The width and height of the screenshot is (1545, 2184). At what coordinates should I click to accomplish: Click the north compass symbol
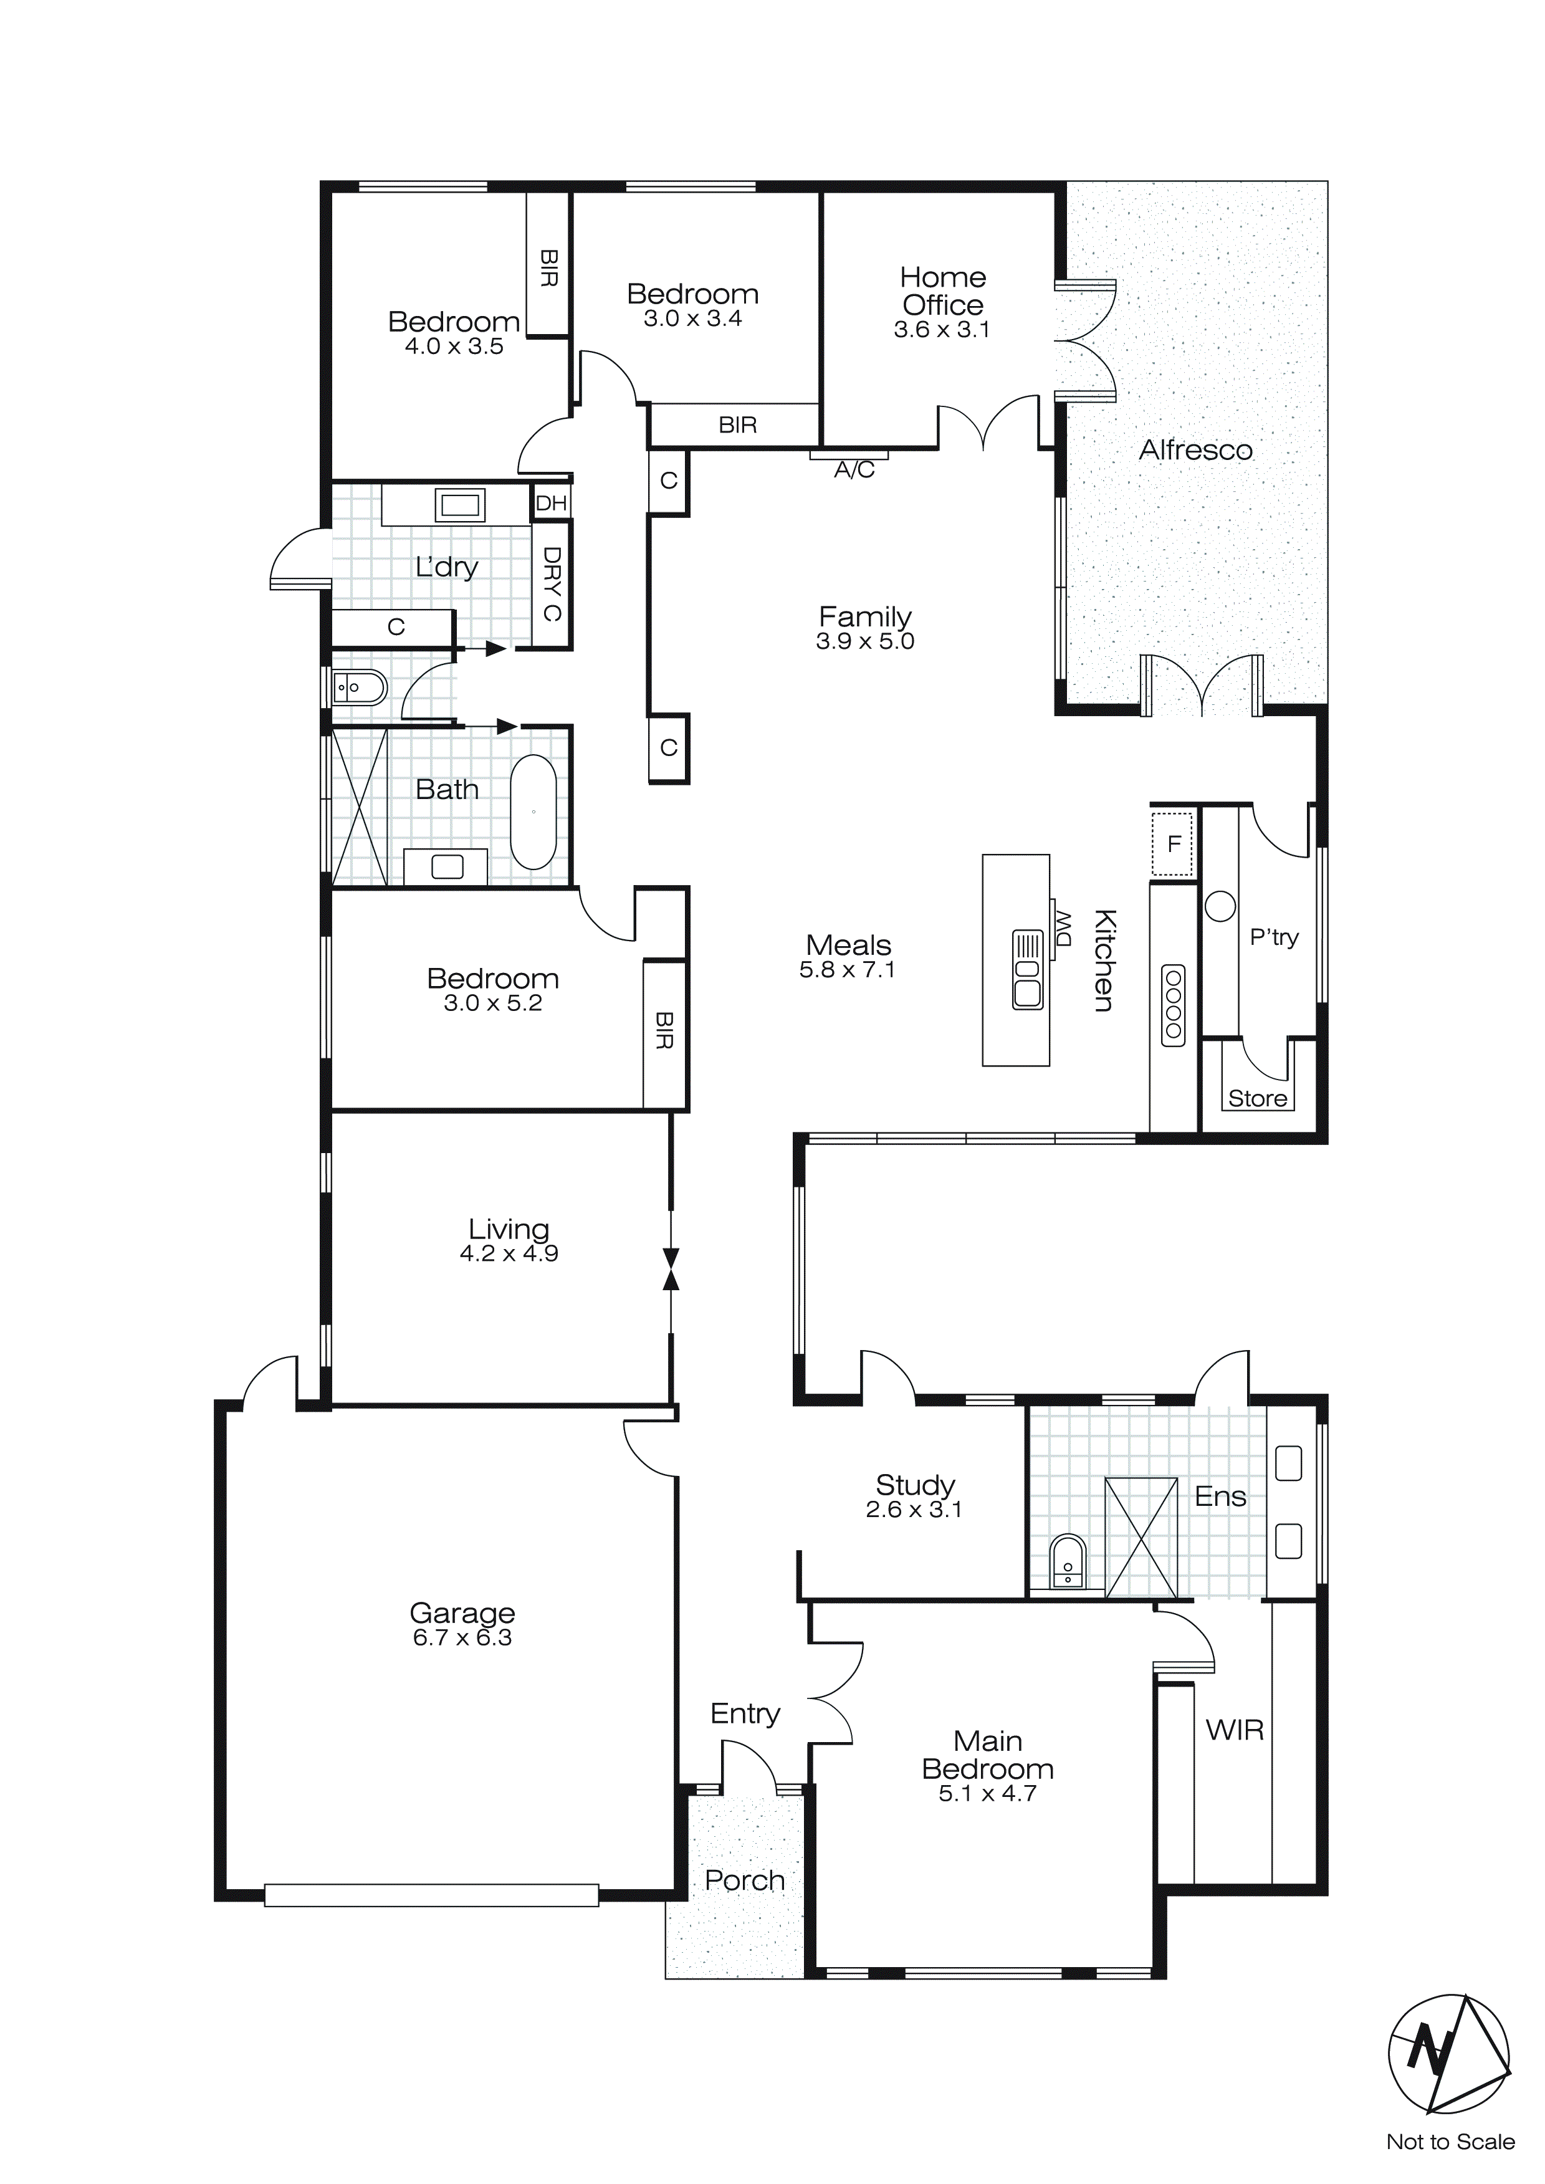click(1448, 2054)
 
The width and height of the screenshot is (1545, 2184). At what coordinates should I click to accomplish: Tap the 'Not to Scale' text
click(1450, 2142)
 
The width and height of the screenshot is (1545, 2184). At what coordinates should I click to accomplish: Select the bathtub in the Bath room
click(533, 812)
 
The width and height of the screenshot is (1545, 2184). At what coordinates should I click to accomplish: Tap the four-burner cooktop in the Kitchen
click(1173, 1005)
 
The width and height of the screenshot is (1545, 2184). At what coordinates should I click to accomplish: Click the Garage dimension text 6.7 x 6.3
click(462, 1637)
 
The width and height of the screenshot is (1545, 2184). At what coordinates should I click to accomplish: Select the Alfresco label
click(1196, 450)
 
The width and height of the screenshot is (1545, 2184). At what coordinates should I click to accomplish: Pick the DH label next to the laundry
click(551, 503)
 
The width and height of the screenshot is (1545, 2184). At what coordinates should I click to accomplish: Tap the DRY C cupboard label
click(551, 583)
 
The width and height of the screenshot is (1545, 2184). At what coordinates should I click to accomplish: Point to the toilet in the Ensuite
click(1068, 1560)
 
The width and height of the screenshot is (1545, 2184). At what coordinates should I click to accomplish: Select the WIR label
click(1234, 1730)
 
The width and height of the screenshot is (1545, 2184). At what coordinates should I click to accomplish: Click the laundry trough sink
click(459, 504)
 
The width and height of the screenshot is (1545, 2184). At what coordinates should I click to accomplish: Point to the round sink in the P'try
click(1220, 906)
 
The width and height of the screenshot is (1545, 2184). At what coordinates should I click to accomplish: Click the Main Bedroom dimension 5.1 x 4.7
click(987, 1793)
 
